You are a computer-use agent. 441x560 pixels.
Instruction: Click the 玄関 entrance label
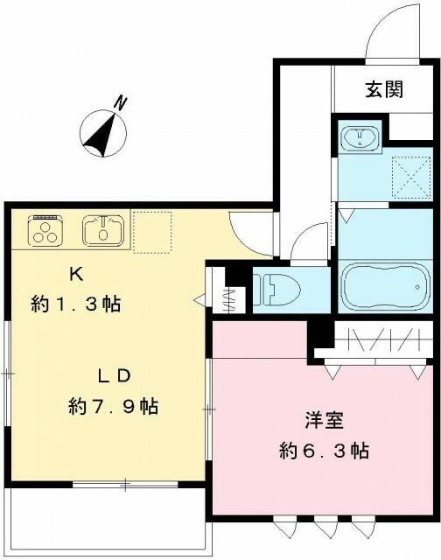(x=384, y=89)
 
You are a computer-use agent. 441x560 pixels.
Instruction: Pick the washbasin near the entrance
(x=360, y=138)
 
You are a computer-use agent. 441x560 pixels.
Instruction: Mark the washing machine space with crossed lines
(x=410, y=173)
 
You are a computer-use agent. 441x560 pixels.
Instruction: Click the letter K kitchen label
(x=76, y=273)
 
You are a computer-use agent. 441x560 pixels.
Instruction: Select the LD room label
(x=114, y=375)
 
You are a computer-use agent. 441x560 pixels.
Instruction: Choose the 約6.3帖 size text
(x=323, y=451)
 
